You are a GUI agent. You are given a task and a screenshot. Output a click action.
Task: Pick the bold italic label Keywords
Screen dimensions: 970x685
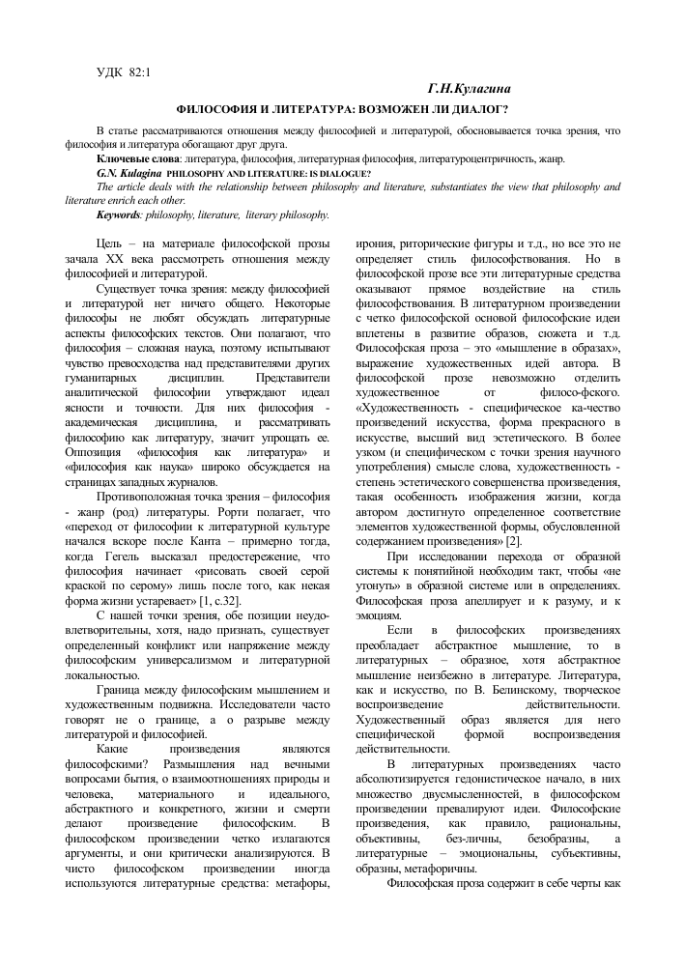(x=121, y=214)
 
